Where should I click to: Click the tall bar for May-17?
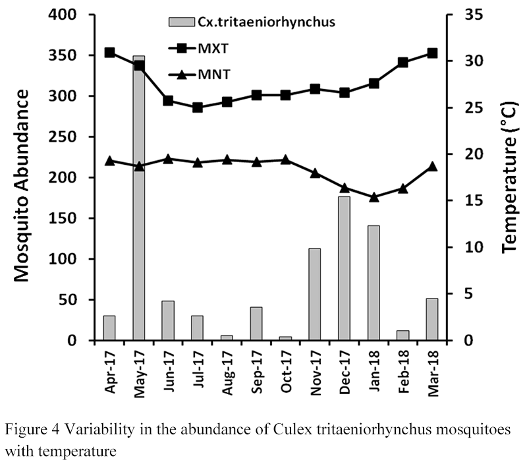(139, 198)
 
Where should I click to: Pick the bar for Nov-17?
(314, 294)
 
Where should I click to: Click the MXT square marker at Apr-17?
(110, 53)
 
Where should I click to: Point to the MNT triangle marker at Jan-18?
(374, 196)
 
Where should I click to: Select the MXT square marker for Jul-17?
(198, 107)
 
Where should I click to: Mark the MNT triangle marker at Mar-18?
(432, 166)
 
